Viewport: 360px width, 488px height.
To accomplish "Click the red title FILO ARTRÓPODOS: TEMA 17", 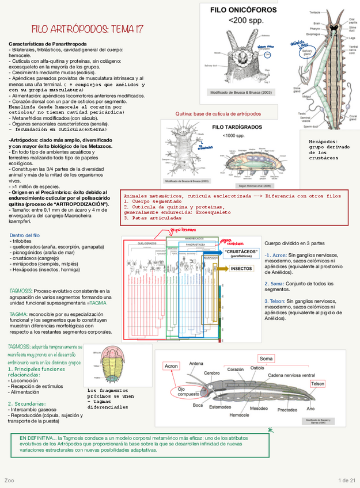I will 88,29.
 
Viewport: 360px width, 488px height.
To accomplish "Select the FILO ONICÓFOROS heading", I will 243,10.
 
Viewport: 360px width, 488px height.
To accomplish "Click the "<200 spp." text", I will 243,20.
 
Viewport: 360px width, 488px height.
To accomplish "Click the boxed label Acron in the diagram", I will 172,366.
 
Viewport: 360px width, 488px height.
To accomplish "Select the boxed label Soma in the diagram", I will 266,359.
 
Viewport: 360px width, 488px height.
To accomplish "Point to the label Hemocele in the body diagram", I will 239,414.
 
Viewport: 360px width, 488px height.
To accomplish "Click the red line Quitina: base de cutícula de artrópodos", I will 218,114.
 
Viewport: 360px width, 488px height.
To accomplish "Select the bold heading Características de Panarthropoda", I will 48,44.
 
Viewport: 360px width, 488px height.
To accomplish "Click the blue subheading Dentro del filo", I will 25,235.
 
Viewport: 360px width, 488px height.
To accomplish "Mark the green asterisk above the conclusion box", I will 270,430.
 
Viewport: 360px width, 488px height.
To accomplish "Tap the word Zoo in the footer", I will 9,480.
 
